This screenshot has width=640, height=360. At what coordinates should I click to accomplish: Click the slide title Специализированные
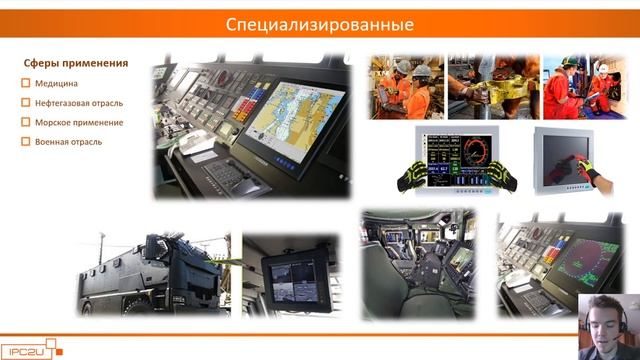(x=320, y=23)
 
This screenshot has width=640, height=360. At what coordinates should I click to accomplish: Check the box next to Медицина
(x=26, y=84)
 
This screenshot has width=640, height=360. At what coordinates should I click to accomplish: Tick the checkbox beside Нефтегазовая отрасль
(x=26, y=103)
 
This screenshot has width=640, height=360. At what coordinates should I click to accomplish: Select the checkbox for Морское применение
(x=26, y=122)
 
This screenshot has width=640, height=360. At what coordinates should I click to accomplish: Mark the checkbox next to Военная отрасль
(x=26, y=141)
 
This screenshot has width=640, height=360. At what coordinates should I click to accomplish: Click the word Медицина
(x=56, y=84)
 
